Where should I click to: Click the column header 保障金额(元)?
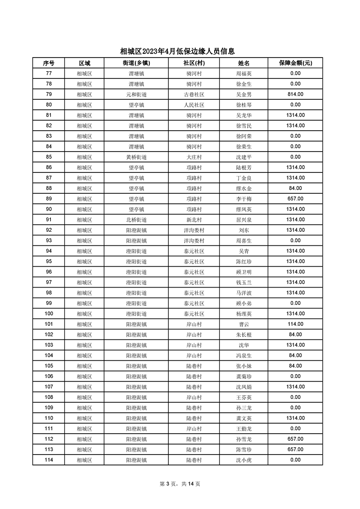click(295, 63)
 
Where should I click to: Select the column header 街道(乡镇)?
click(136, 63)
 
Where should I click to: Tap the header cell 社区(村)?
click(194, 63)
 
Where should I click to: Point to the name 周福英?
click(244, 73)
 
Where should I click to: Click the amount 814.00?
click(295, 94)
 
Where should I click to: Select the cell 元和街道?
click(136, 94)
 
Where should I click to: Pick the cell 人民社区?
click(194, 105)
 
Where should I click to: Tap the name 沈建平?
click(244, 157)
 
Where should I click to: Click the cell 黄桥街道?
click(136, 157)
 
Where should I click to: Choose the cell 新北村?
click(194, 220)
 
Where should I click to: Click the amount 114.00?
click(295, 324)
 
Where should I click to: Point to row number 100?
click(49, 314)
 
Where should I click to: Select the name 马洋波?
click(244, 293)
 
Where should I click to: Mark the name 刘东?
click(244, 230)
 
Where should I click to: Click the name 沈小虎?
click(244, 460)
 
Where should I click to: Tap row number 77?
click(49, 73)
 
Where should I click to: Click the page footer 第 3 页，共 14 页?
click(180, 484)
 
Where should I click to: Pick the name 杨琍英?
click(244, 314)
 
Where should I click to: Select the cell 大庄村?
click(194, 157)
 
